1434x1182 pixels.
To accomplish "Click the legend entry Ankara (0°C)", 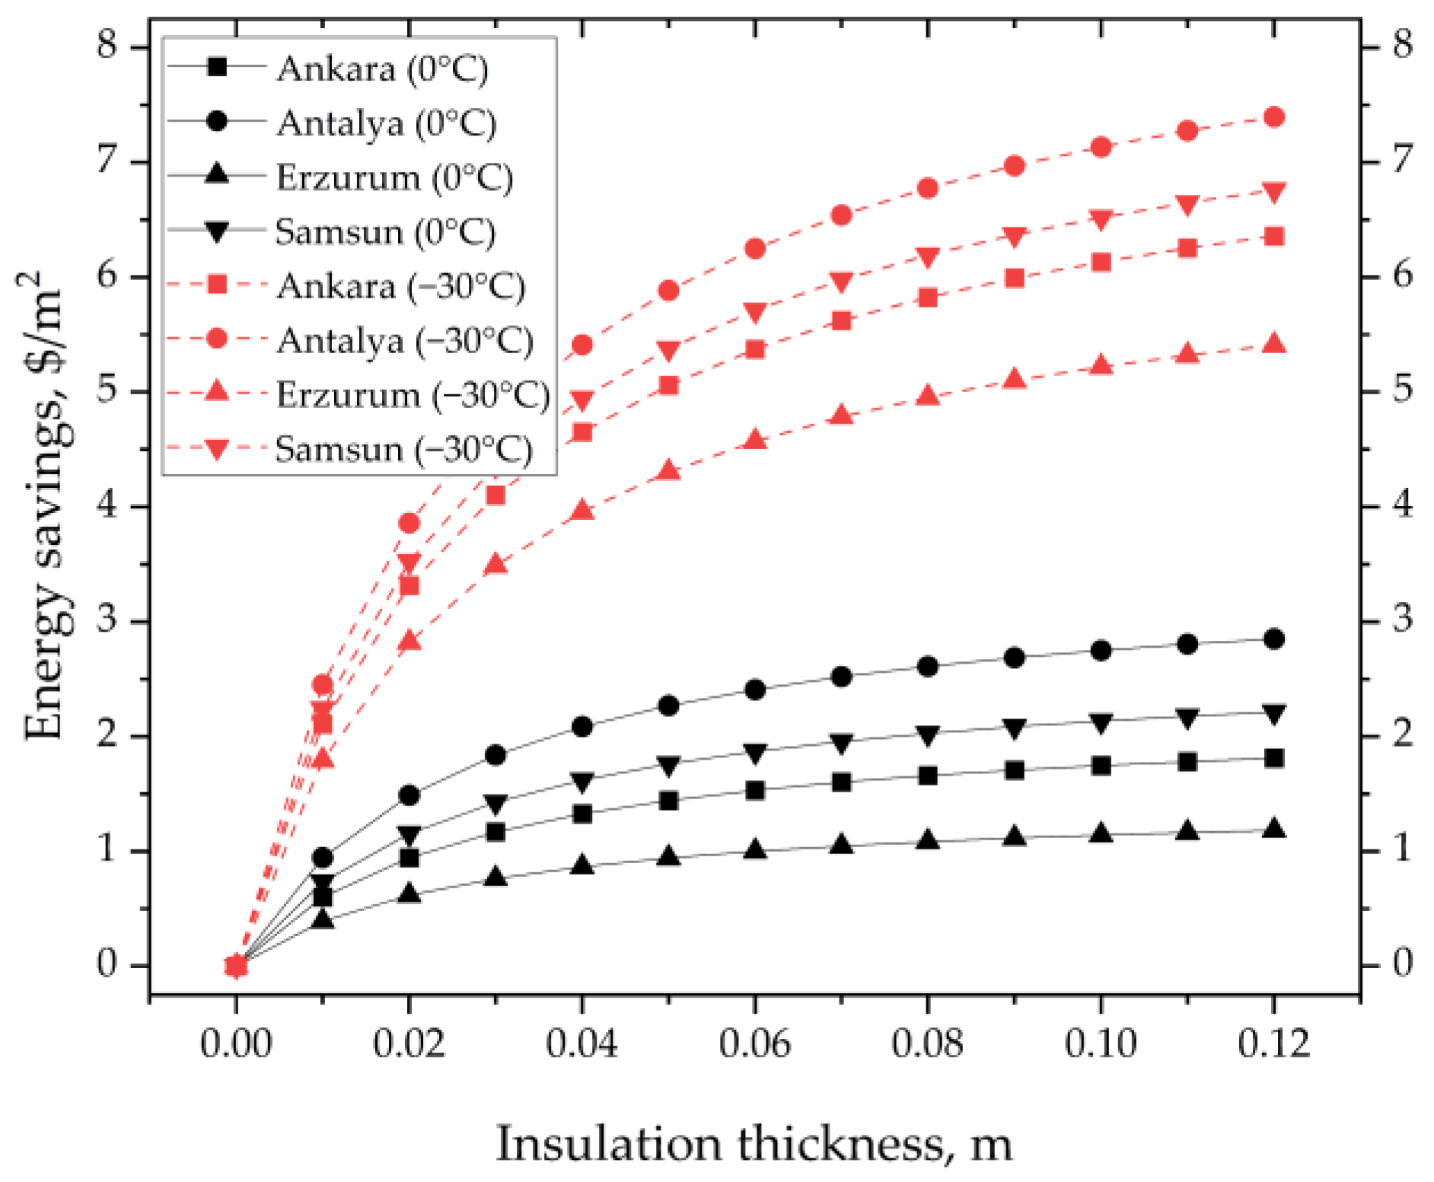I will point(381,69).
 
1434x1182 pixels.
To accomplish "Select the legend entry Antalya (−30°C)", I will point(403,340).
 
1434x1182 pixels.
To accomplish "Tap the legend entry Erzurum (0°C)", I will point(393,178).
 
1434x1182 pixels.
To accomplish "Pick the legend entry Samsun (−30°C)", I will point(402,449).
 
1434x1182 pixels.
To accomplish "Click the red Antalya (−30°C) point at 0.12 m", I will point(1274,117).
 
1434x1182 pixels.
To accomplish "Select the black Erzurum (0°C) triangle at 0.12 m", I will point(1274,830).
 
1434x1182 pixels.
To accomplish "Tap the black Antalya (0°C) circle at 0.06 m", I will point(755,690).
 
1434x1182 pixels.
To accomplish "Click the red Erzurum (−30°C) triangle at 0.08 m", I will point(928,395).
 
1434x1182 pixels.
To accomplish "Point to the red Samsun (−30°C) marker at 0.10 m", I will point(1101,220).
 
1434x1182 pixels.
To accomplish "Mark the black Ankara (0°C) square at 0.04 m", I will point(582,814).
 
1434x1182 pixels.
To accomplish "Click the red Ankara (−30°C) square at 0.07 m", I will point(841,320).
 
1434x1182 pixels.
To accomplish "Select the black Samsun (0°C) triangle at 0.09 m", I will point(1015,728).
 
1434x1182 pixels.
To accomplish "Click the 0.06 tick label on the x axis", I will point(755,1043).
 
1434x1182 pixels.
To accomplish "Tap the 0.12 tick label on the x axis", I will point(1274,1043).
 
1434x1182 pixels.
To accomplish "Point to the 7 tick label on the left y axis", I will point(107,161).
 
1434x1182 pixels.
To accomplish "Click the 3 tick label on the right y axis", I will point(1402,619).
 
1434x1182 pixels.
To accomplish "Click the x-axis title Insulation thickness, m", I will point(754,1144).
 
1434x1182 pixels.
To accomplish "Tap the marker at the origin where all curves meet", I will point(236,966).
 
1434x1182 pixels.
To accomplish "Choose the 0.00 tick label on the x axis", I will point(236,1043).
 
